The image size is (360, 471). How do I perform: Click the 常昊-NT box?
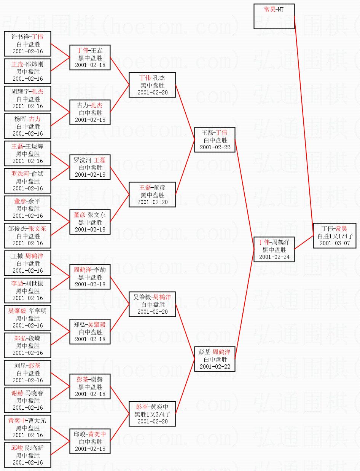[x=274, y=16]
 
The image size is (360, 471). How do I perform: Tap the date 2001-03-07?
[x=335, y=243]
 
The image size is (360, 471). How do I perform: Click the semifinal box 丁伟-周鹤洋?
[x=274, y=249]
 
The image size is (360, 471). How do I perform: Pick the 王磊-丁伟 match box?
[x=214, y=140]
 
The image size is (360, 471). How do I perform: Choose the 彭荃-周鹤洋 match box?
[x=214, y=359]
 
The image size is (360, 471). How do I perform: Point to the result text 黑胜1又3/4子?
[x=152, y=414]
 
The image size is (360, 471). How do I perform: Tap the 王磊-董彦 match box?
[x=152, y=195]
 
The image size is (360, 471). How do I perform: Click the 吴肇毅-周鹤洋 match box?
[x=152, y=304]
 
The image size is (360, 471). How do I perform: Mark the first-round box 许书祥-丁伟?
[x=28, y=44]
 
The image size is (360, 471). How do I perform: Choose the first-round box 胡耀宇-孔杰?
[x=28, y=99]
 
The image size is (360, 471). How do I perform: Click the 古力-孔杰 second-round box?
[x=90, y=112]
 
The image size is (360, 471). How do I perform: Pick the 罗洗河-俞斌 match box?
[x=28, y=181]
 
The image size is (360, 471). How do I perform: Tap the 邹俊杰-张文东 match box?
[x=28, y=236]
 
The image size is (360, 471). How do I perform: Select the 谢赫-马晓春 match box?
[x=28, y=400]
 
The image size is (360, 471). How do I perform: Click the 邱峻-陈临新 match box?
[x=28, y=455]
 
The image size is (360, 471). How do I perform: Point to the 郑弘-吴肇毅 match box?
[x=90, y=332]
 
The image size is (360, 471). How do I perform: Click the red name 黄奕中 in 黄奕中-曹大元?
[x=17, y=420]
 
